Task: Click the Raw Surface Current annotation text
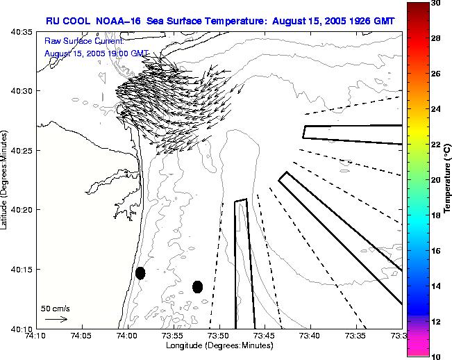[x=83, y=42]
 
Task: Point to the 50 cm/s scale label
[x=55, y=307]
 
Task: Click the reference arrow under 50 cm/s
[x=56, y=319]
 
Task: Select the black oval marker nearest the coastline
[x=140, y=273]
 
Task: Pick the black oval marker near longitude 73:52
[x=197, y=286]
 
